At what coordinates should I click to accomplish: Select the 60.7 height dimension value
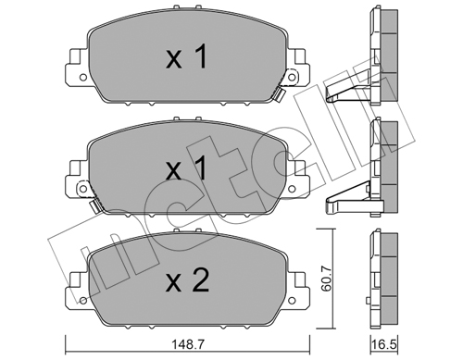point(326,279)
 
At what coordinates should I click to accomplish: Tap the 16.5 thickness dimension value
point(384,345)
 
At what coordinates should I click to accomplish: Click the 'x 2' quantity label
point(187,281)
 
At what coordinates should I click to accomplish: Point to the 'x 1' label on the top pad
point(186,56)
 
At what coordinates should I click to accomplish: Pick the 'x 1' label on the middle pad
point(186,168)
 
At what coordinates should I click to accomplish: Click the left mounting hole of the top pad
point(82,77)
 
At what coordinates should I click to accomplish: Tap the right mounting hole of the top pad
point(292,77)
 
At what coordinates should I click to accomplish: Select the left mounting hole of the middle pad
point(82,189)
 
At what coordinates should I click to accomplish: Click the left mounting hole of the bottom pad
point(82,301)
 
